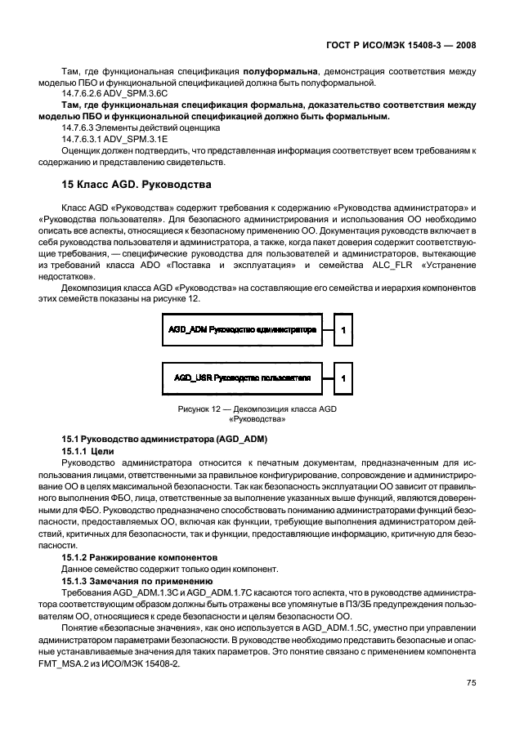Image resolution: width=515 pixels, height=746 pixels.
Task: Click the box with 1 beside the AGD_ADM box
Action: pyautogui.click(x=343, y=330)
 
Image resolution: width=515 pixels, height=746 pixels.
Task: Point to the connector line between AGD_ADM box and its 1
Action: pyautogui.click(x=324, y=330)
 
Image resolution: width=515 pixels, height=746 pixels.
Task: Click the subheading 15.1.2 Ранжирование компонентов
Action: pyautogui.click(x=125, y=556)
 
